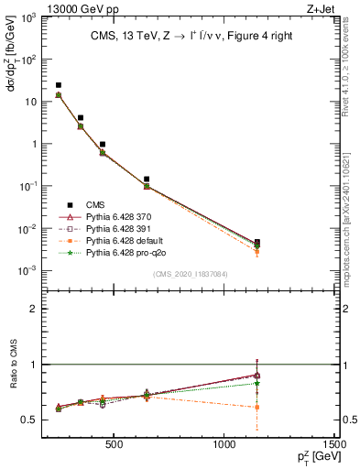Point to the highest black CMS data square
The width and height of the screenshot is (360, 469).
59,85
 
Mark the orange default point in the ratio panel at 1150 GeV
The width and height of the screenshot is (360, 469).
257,407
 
